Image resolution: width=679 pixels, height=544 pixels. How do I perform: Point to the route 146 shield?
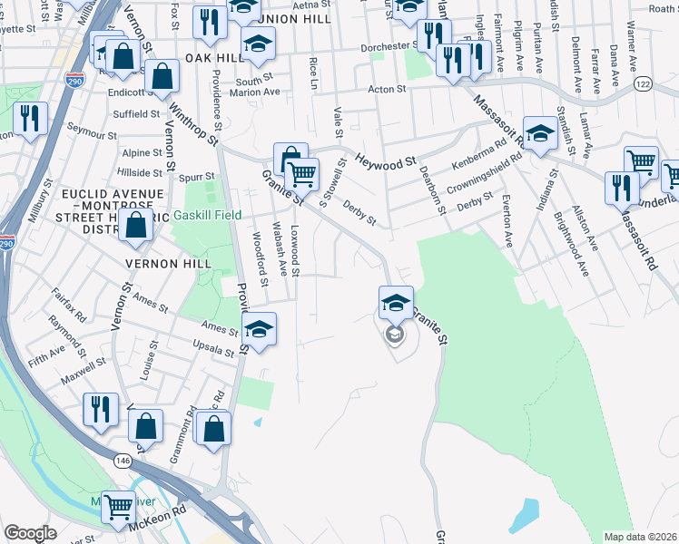click(x=123, y=461)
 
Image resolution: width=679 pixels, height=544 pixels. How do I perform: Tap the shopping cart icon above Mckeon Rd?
click(x=118, y=509)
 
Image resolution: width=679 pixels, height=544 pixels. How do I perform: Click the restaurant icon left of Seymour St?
click(x=30, y=120)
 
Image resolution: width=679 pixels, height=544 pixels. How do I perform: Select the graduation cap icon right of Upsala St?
click(x=259, y=330)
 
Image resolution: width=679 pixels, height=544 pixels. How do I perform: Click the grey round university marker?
click(x=394, y=335)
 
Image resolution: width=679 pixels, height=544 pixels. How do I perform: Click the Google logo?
click(x=30, y=533)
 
